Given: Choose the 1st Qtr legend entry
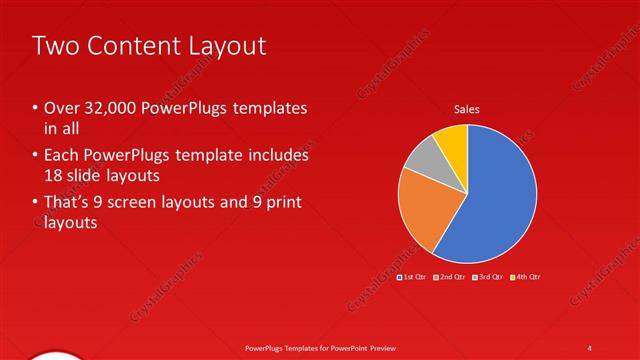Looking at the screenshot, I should (x=412, y=276).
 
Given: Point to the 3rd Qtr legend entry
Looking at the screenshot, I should (x=488, y=276).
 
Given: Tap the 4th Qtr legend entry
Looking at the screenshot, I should (x=526, y=276).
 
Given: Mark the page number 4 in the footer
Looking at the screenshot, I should (x=590, y=347).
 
